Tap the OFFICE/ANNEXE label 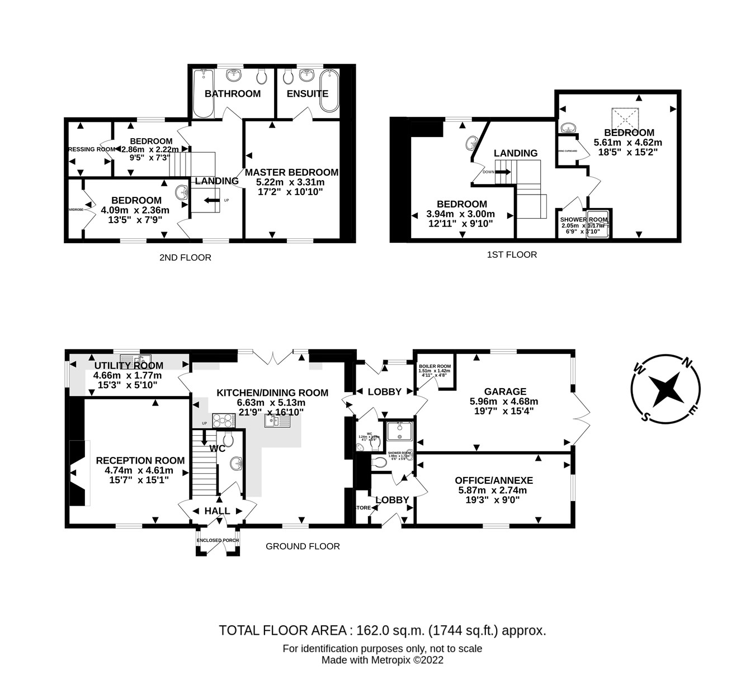[x=494, y=480]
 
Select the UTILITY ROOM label [x=129, y=366]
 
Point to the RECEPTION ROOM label [x=140, y=460]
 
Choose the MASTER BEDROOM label [x=291, y=172]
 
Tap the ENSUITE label [x=308, y=93]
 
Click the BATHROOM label [x=233, y=93]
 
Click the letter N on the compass [x=689, y=363]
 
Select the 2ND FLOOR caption [x=186, y=258]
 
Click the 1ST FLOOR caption [x=512, y=255]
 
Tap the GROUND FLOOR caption [x=303, y=546]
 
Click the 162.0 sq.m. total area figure [x=389, y=631]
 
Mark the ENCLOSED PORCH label [x=218, y=540]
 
